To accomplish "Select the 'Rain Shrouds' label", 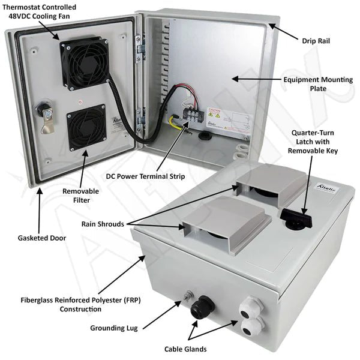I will [103, 224].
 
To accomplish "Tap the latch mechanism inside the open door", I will [44, 114].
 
